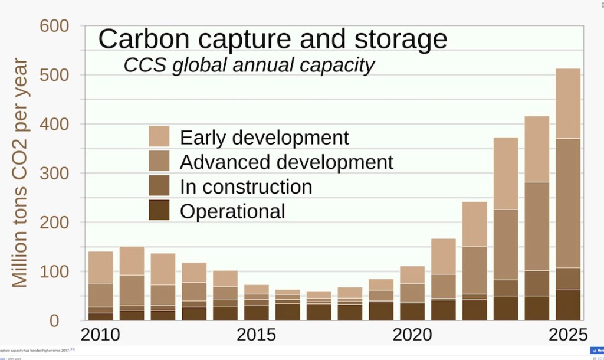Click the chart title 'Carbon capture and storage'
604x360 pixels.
click(273, 39)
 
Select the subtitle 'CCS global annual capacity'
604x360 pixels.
click(249, 65)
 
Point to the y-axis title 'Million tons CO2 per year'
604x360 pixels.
click(20, 172)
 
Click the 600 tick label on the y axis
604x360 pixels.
click(55, 27)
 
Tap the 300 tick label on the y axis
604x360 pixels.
click(55, 174)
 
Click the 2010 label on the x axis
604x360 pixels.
click(100, 335)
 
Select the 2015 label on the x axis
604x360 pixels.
click(256, 335)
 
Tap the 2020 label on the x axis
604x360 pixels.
click(412, 335)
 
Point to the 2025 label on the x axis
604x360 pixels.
click(568, 335)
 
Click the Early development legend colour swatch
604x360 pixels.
click(159, 136)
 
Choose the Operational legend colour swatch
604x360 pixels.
click(159, 210)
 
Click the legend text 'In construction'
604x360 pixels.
click(246, 186)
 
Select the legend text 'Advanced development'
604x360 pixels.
click(286, 162)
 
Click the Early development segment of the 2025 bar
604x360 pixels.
click(568, 103)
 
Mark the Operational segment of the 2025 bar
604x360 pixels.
click(568, 305)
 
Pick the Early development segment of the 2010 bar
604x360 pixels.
click(100, 267)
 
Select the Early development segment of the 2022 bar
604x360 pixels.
click(474, 224)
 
